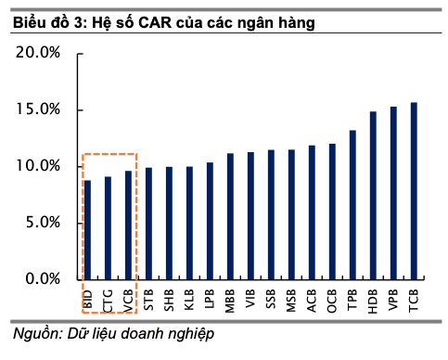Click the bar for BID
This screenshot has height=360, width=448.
tap(87, 229)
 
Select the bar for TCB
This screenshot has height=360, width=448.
tap(414, 190)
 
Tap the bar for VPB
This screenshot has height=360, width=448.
tap(393, 192)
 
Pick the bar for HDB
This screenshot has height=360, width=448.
tap(373, 195)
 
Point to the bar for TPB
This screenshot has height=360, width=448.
tap(352, 204)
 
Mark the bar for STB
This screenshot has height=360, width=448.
tap(148, 223)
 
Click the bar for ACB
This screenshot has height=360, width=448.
tap(312, 212)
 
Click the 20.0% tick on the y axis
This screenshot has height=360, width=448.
tap(38, 53)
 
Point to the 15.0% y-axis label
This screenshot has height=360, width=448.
tap(38, 109)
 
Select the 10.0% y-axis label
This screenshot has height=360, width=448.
tap(38, 166)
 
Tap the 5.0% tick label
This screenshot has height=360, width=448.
tap(42, 223)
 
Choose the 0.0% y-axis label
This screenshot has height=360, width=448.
tap(42, 279)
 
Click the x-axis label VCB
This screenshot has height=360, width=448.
tap(128, 299)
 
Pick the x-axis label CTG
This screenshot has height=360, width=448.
tap(108, 299)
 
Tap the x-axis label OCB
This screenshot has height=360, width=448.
tap(332, 299)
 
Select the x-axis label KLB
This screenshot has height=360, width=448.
tap(189, 299)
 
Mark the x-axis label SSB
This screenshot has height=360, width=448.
tap(271, 299)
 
